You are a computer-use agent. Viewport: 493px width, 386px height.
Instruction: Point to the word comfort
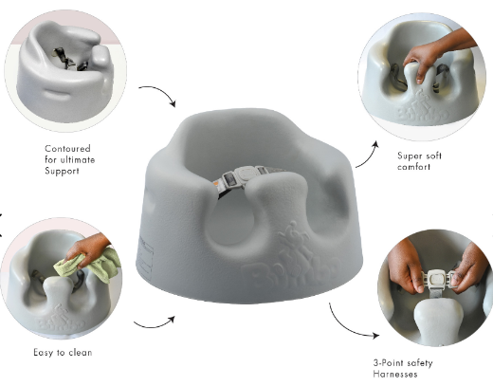414,166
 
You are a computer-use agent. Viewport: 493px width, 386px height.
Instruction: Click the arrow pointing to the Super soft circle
366,156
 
